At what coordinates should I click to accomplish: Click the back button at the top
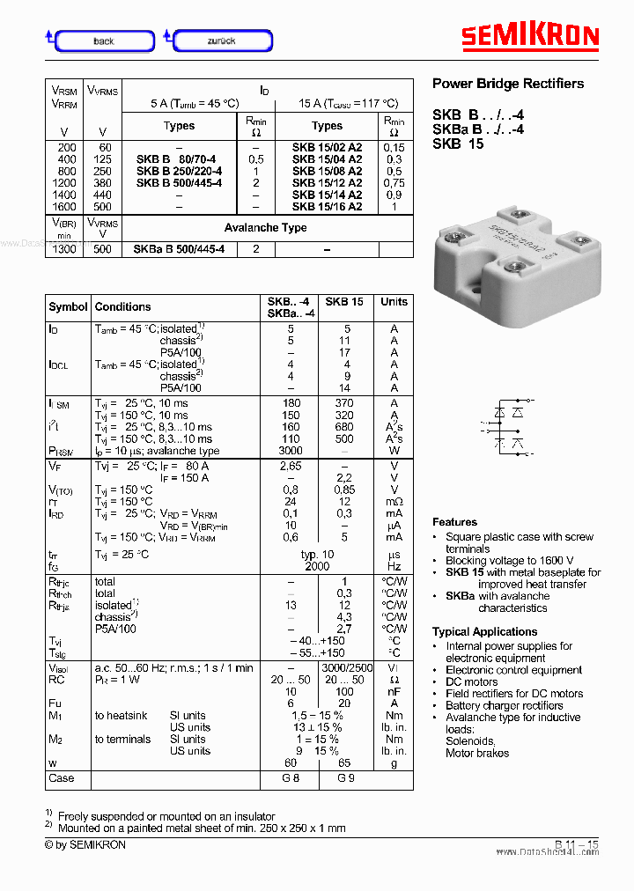tap(104, 40)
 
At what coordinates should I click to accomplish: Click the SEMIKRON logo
tap(530, 36)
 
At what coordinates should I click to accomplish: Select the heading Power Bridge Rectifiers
tap(507, 84)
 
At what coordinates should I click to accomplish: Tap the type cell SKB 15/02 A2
tap(327, 147)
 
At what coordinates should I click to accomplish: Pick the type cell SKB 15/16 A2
tap(327, 207)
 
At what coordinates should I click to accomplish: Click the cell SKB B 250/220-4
tap(179, 171)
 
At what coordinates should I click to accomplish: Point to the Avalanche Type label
tap(265, 227)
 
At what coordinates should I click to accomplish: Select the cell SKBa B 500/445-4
tap(179, 249)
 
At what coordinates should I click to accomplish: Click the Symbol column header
tap(68, 306)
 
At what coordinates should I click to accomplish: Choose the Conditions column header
tap(122, 306)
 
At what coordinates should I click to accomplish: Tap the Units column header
tap(394, 301)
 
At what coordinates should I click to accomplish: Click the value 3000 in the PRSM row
tap(291, 451)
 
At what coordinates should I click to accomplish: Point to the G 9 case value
tap(344, 778)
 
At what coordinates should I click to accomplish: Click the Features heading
tap(454, 522)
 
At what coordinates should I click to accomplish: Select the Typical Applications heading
tap(484, 631)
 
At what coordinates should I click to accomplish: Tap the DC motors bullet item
tap(471, 681)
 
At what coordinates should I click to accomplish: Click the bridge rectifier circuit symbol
tap(508, 428)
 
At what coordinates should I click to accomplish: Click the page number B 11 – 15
tap(577, 845)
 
